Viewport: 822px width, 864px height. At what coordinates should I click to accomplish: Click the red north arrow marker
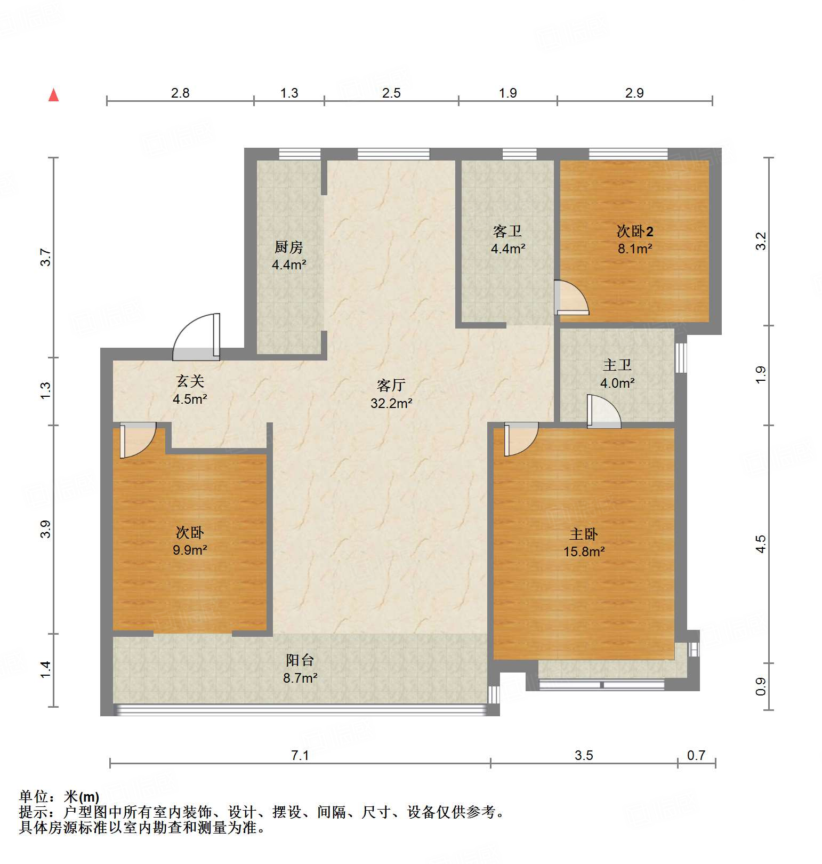click(53, 95)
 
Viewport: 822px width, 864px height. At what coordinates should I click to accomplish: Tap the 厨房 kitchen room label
click(289, 247)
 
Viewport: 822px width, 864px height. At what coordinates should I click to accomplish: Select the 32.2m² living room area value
click(391, 404)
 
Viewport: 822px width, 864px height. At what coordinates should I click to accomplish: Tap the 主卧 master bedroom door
click(520, 438)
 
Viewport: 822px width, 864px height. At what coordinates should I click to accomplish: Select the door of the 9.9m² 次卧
click(137, 439)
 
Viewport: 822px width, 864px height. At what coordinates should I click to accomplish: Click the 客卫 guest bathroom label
click(507, 231)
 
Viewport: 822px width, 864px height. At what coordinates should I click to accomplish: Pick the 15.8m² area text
click(584, 552)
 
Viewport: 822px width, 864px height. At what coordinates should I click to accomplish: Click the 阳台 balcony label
click(300, 660)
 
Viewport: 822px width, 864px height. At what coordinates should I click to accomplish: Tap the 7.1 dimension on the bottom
click(300, 755)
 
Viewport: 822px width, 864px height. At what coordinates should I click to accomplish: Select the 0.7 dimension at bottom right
click(696, 755)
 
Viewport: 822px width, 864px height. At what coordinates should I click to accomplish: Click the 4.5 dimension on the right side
click(761, 544)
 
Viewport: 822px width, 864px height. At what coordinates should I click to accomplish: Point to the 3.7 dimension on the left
click(46, 258)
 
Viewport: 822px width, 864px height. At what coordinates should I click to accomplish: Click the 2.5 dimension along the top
click(391, 93)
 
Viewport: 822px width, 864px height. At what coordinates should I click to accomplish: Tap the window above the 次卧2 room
click(628, 154)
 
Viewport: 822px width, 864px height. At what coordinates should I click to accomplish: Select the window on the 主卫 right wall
click(681, 357)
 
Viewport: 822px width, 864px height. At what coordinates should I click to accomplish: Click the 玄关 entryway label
click(190, 381)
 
